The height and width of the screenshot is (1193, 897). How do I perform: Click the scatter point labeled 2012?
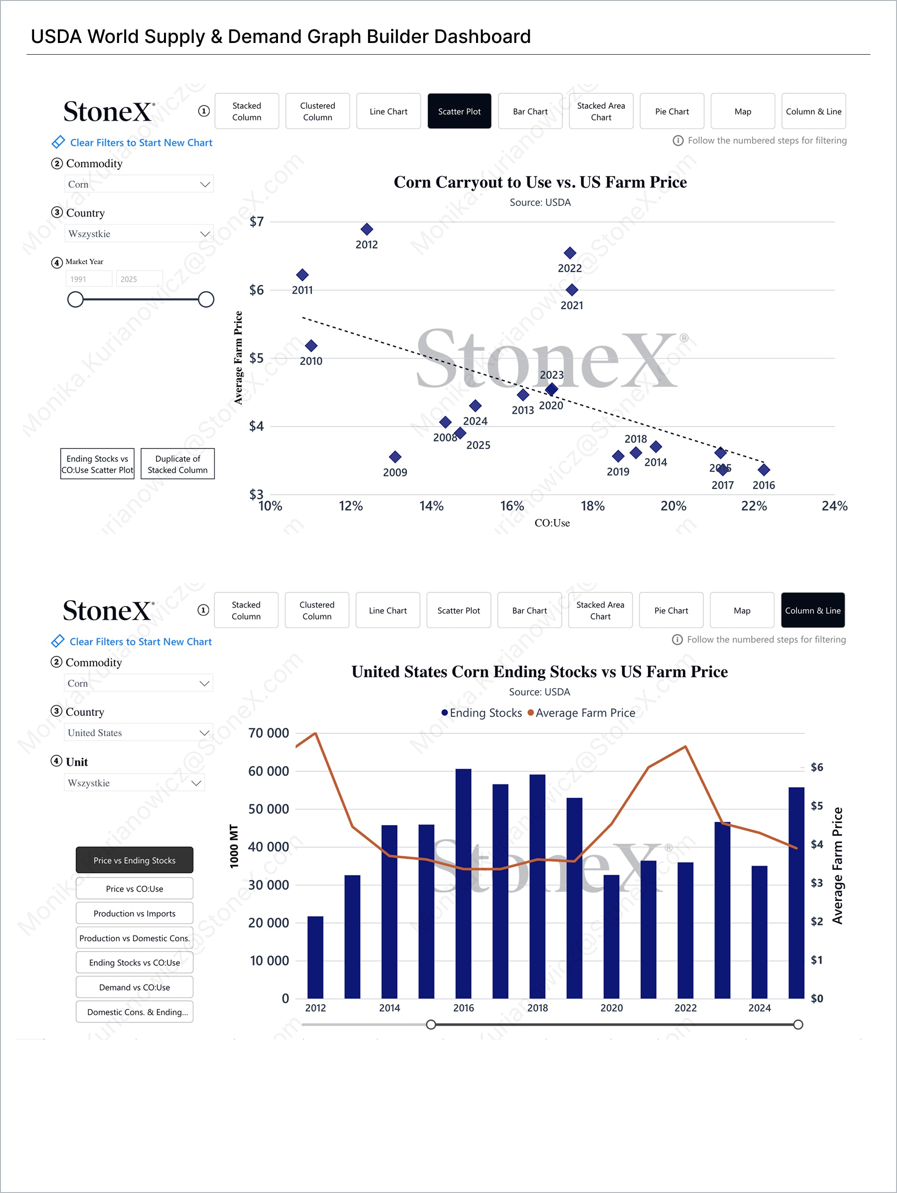click(x=367, y=229)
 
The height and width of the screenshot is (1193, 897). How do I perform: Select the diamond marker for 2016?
click(x=764, y=470)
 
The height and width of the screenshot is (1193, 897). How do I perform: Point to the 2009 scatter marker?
click(x=395, y=457)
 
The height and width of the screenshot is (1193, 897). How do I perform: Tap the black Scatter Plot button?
click(x=459, y=112)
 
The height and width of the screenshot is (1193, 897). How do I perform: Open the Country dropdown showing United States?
click(x=138, y=733)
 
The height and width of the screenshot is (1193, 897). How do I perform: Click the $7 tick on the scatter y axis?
click(x=257, y=222)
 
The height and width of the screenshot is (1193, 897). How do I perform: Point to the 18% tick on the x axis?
click(x=592, y=506)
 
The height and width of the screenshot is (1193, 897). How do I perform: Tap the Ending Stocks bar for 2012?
click(x=315, y=957)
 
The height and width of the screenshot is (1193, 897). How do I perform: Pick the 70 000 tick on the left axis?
click(x=269, y=733)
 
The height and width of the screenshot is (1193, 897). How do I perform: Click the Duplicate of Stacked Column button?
click(x=178, y=464)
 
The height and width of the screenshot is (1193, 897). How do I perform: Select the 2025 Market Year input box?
click(x=139, y=279)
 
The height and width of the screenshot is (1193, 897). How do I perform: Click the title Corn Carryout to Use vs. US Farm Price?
click(x=540, y=182)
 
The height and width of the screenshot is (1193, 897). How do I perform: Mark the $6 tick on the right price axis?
click(x=817, y=767)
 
